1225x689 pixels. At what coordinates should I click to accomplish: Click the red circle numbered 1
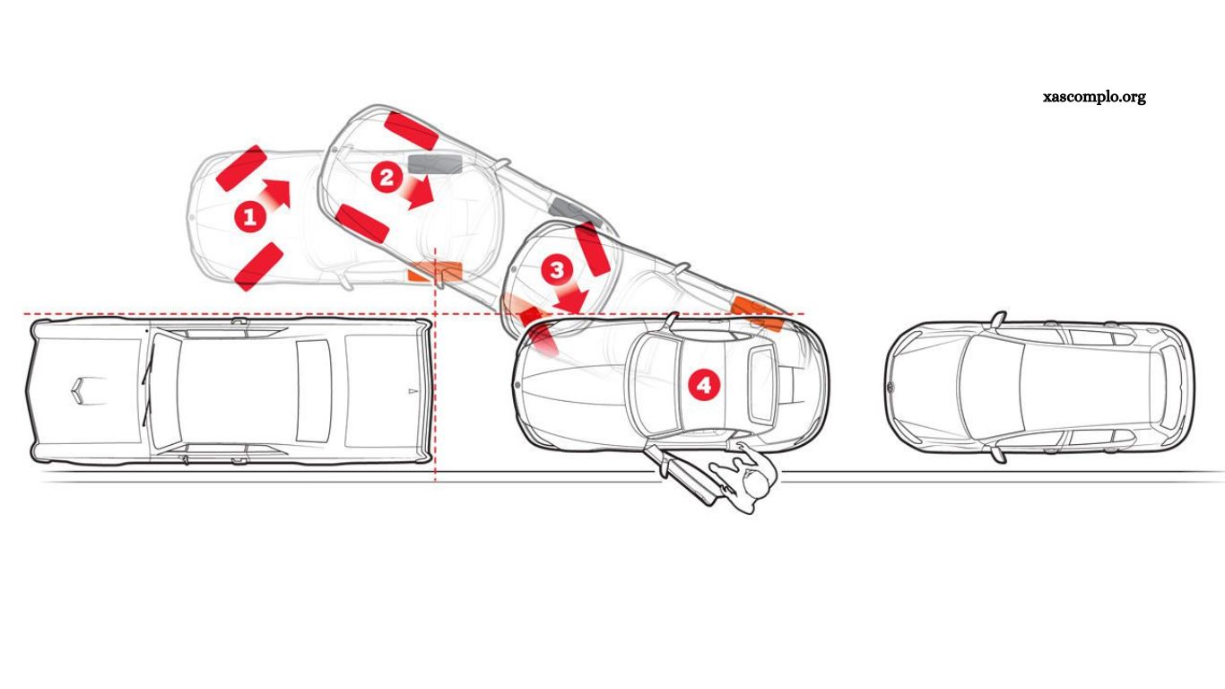(x=249, y=217)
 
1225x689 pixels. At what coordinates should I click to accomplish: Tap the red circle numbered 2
(x=387, y=178)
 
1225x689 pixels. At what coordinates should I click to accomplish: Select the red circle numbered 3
(x=557, y=268)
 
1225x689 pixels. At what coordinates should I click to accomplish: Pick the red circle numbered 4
(x=703, y=385)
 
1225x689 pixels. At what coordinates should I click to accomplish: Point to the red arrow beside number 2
(x=418, y=191)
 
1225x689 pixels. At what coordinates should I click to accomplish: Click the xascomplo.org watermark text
(x=1094, y=97)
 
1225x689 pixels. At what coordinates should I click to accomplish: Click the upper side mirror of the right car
(x=996, y=318)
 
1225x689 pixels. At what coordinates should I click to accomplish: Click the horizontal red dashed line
(x=224, y=315)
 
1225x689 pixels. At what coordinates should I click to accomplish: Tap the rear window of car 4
(x=761, y=386)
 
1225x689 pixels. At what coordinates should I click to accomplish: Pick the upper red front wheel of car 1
(x=240, y=168)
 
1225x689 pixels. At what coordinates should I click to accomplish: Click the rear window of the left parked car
(x=313, y=389)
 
